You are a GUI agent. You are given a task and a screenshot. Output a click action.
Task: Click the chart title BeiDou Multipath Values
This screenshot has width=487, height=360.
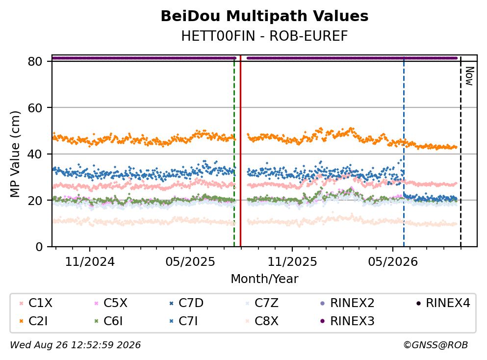click(x=264, y=16)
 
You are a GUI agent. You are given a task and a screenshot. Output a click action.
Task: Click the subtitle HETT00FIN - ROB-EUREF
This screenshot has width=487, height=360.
click(x=264, y=36)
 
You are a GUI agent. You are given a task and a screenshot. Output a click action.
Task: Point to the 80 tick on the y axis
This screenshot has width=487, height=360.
click(x=35, y=61)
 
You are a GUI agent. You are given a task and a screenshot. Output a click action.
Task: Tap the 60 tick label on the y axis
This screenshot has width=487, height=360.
click(x=35, y=108)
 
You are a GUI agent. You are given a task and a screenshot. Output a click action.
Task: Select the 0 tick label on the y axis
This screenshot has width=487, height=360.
click(x=39, y=247)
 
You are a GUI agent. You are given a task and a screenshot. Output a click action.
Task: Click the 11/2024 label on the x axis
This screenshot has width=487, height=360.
click(x=90, y=262)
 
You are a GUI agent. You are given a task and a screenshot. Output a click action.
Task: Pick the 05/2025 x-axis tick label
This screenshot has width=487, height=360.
click(x=190, y=262)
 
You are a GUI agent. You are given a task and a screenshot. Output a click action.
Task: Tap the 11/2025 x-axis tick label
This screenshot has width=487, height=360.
click(x=292, y=262)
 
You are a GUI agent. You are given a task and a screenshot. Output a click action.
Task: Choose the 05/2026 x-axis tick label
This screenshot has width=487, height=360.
click(x=393, y=262)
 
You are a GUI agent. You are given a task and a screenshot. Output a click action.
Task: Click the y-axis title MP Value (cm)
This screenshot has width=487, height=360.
click(x=15, y=154)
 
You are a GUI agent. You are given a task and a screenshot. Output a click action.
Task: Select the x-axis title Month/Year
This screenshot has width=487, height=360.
click(x=264, y=279)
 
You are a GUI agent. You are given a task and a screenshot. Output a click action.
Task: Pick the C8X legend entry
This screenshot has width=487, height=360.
click(x=262, y=321)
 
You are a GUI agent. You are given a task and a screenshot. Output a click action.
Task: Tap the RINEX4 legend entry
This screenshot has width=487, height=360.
click(x=443, y=303)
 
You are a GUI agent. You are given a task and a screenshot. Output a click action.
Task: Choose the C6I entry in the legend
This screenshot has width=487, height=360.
click(x=108, y=321)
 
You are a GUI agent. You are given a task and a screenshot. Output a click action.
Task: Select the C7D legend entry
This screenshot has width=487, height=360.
click(x=186, y=303)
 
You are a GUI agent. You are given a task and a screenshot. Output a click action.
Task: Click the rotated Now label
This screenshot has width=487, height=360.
click(x=469, y=76)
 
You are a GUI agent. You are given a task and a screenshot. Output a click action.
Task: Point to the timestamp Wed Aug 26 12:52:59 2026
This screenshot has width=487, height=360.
click(x=76, y=345)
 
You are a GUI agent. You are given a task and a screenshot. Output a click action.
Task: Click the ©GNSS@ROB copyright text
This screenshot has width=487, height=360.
click(x=436, y=345)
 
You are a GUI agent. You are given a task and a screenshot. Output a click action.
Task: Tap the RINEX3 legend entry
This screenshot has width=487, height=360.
click(x=347, y=321)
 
